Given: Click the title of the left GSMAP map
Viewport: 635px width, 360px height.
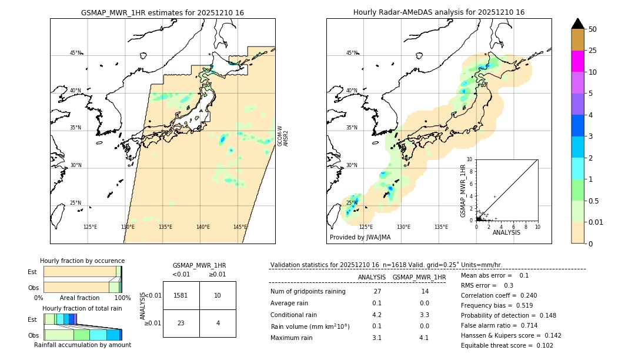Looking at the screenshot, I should [x=162, y=12].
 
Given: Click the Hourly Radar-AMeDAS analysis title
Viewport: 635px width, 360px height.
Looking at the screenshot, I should [x=439, y=12].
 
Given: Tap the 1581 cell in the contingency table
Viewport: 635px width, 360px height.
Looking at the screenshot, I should [x=181, y=295].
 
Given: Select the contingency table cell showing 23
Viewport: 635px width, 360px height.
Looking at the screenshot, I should [x=181, y=323].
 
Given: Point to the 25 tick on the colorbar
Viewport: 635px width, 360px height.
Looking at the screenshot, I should [x=593, y=51].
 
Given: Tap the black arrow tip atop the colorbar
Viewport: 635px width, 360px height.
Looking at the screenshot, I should [x=578, y=22].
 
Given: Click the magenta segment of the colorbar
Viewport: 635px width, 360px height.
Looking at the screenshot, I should [x=578, y=61].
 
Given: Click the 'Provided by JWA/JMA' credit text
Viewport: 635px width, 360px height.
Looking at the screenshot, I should [x=360, y=238].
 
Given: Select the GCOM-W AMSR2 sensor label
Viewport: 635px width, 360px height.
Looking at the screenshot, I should [x=283, y=135].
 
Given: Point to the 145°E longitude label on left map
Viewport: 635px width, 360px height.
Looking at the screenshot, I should [x=240, y=227].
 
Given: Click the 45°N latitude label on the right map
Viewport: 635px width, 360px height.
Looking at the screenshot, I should [x=352, y=53].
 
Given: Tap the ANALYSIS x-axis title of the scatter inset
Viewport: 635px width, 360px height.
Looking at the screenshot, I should [x=506, y=232].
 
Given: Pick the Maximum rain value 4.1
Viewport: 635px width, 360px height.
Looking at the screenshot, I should [x=423, y=338].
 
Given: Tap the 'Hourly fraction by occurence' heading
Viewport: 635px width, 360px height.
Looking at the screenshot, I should [x=82, y=261].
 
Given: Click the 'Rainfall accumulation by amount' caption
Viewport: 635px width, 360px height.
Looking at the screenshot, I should [x=82, y=345].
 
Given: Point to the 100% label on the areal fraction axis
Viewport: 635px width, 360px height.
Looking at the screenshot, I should [x=122, y=298].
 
